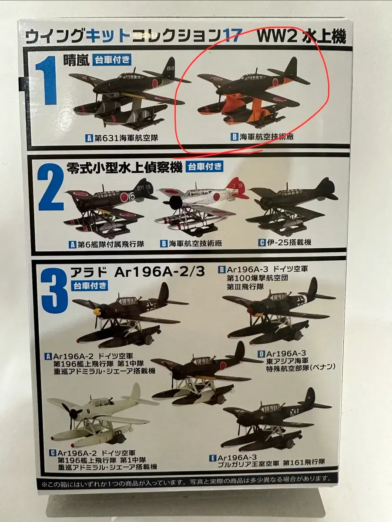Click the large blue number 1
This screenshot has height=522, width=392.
47,80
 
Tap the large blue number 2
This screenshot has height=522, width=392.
51,188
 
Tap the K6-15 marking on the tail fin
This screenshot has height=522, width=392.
171,68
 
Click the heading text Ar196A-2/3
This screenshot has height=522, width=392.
159,272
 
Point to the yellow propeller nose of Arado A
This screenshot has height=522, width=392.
98,311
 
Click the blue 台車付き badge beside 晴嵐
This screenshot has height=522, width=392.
111,60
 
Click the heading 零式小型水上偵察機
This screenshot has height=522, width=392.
124,167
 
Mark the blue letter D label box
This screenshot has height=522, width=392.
261,354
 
